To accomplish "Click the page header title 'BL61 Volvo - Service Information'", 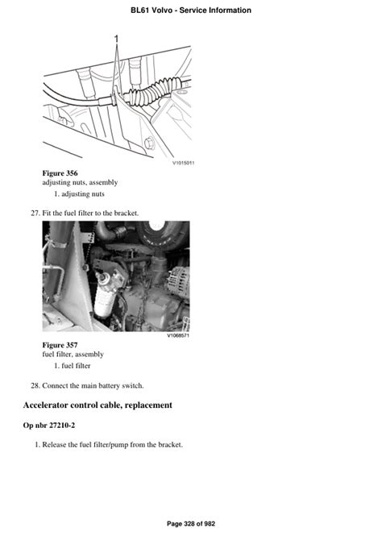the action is click(191, 10).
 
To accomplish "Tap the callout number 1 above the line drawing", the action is click(116, 39).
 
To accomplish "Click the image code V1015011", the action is click(183, 163).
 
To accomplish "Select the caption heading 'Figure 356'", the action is click(60, 173).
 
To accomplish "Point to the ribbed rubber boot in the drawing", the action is click(154, 89).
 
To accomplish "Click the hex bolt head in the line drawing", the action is click(149, 143).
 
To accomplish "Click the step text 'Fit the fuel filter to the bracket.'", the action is click(90, 213).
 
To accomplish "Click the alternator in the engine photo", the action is click(178, 280).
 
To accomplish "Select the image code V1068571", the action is click(178, 335).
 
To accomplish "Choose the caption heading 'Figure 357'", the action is click(60, 345).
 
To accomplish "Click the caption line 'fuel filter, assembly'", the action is click(73, 354).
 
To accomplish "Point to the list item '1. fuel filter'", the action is click(72, 366).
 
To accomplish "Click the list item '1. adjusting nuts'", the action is click(79, 194).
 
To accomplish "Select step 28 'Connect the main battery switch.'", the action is click(87, 386).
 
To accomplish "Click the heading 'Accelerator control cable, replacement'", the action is click(98, 405).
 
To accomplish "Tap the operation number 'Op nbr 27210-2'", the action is click(49, 426).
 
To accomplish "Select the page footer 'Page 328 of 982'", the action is click(191, 524).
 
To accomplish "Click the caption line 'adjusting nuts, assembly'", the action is click(80, 182).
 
